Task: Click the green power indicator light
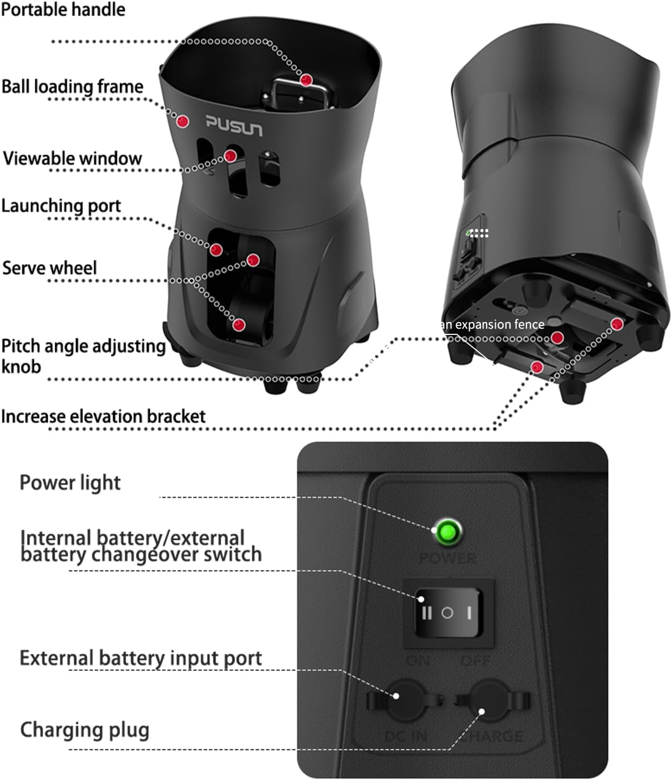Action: point(447,532)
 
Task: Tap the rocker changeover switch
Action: point(448,613)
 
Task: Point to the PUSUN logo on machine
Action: point(235,126)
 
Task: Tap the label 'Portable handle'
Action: point(63,10)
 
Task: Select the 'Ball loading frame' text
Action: point(72,87)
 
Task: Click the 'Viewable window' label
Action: point(72,158)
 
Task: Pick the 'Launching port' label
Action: point(61,206)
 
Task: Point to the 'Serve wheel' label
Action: point(50,268)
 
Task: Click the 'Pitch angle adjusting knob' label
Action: point(83,356)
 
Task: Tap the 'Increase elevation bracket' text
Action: point(103,416)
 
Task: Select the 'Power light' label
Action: point(70,483)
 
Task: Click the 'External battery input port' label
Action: point(141,658)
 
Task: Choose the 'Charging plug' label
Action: point(85,730)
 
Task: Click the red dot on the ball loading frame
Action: point(183,121)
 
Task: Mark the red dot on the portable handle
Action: point(306,80)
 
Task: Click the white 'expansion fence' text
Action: point(493,325)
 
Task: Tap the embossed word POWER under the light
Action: point(448,559)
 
